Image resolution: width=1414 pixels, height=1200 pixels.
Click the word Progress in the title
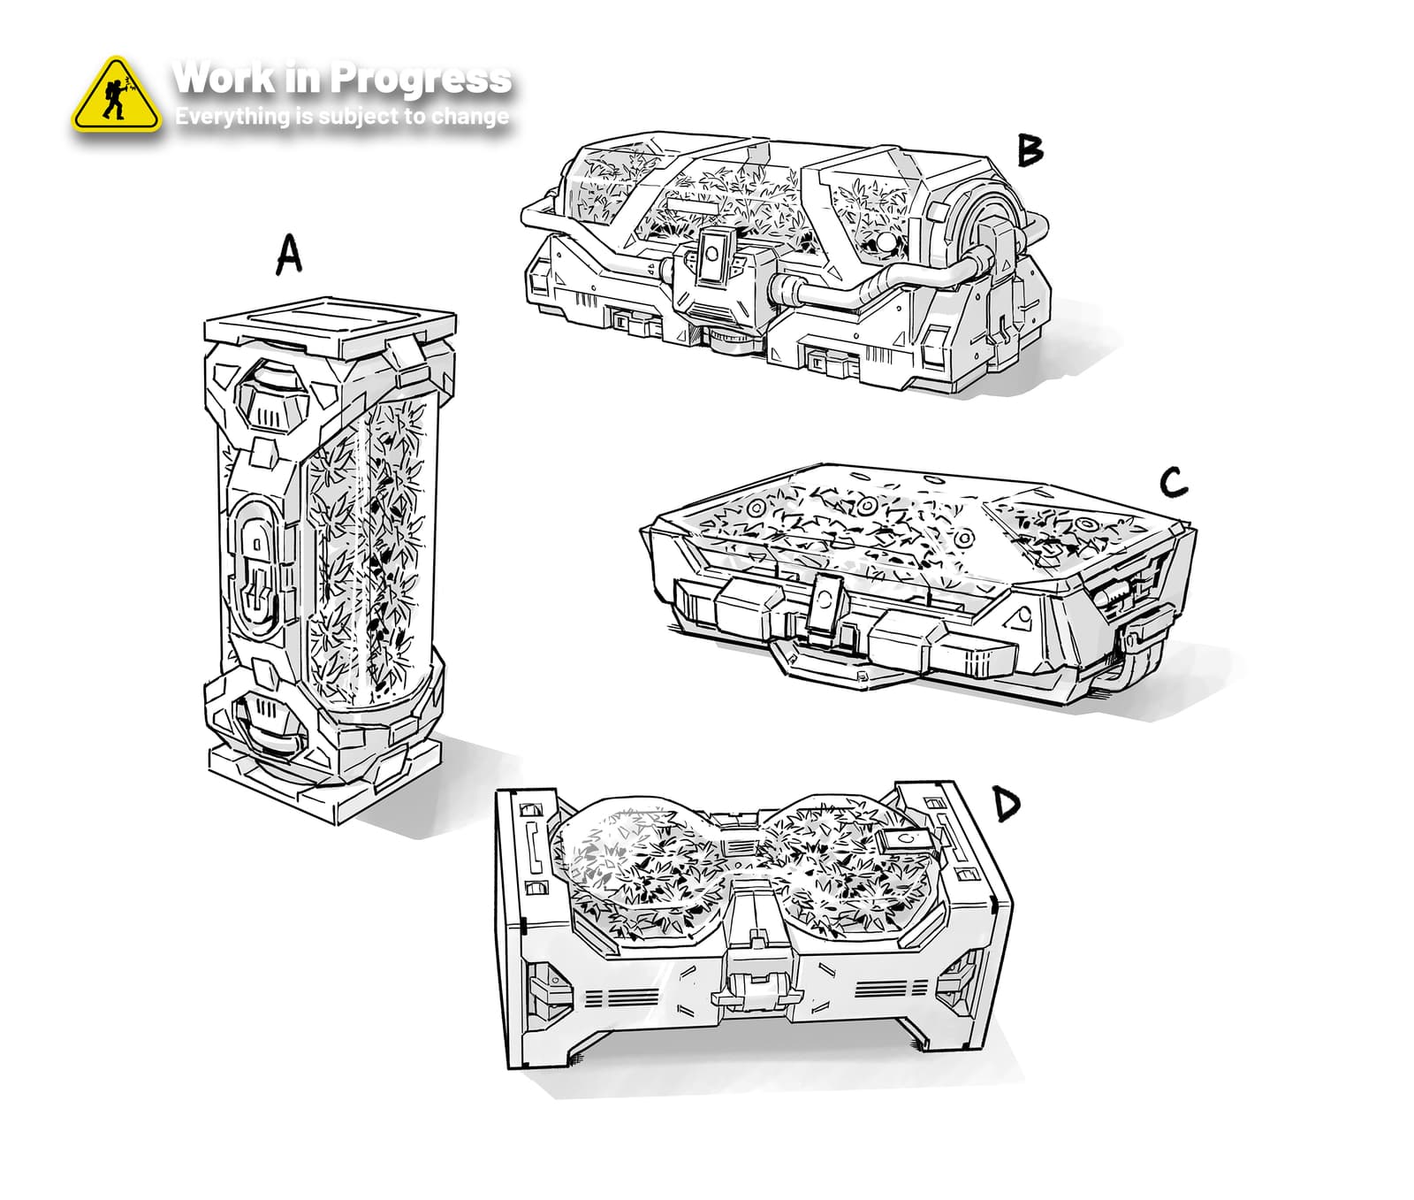tap(422, 80)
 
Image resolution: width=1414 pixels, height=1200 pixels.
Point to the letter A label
tap(289, 256)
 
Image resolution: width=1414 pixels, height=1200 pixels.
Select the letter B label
tap(1030, 149)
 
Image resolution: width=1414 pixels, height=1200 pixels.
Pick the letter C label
tap(1173, 482)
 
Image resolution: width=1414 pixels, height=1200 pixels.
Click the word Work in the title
tap(224, 78)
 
